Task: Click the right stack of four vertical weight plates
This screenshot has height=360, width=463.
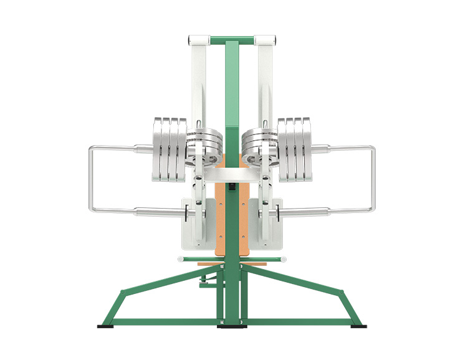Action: coord(294,149)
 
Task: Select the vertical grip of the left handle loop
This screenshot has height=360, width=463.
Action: coord(90,178)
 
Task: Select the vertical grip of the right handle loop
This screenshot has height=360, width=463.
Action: coord(373,178)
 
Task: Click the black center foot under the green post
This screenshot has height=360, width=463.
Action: coord(231,326)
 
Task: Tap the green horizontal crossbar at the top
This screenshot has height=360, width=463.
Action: coord(231,40)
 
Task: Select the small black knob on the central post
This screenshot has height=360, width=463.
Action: coord(231,186)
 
